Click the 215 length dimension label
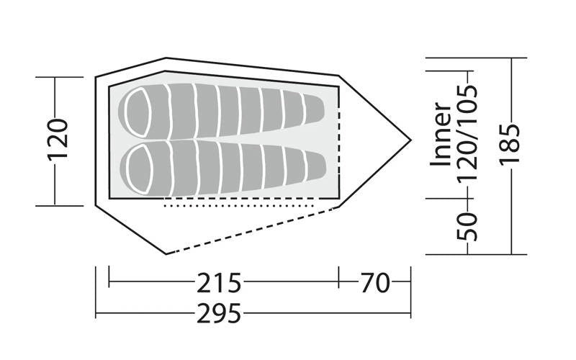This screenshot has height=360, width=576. (x=219, y=282)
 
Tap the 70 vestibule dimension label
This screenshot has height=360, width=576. (x=374, y=282)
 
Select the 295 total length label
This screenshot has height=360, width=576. (x=219, y=313)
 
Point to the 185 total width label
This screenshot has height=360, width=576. (x=510, y=144)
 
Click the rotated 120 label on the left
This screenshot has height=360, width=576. (x=58, y=140)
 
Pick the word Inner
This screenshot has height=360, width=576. (x=441, y=134)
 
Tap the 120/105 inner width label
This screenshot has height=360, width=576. (x=467, y=133)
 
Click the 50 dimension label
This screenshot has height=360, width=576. (x=467, y=226)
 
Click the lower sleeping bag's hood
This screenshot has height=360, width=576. (x=138, y=169)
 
